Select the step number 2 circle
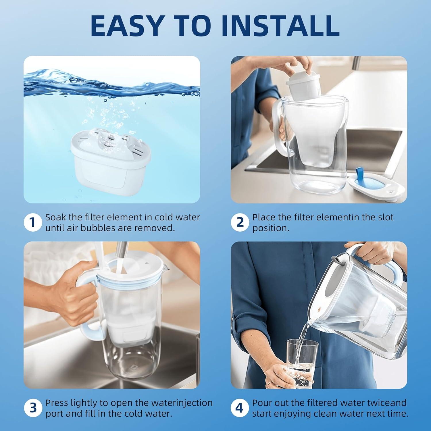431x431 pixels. pyautogui.click(x=240, y=222)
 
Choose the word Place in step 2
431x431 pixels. pyautogui.click(x=264, y=217)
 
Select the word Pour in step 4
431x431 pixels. pyautogui.click(x=262, y=403)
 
